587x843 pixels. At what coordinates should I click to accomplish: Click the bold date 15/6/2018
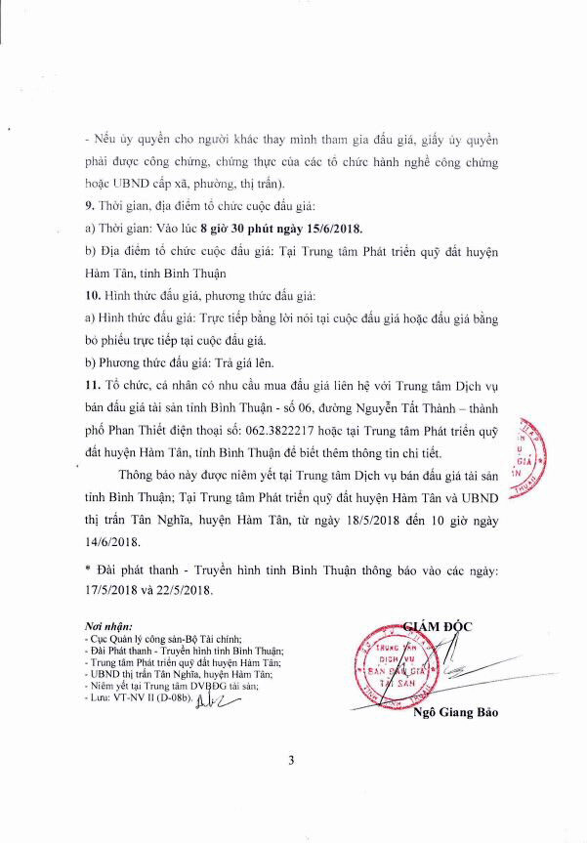[326, 229]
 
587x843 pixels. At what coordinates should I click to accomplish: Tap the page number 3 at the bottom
[293, 787]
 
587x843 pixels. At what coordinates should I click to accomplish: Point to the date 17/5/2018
[115, 589]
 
